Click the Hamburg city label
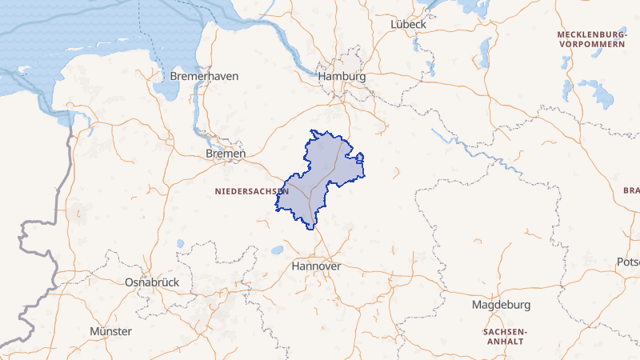coord(342,77)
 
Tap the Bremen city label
coord(226,153)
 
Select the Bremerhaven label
coord(205,76)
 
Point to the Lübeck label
coord(408,25)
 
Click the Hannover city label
coord(317,266)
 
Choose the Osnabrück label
coord(152,282)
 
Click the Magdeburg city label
coord(502,306)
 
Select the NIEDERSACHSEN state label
coord(252,192)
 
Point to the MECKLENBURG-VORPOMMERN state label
coord(592,40)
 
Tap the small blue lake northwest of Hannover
coord(277,250)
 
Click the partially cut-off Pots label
coord(628,262)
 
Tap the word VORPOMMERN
coord(592,45)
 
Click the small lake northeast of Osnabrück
coord(181,243)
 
